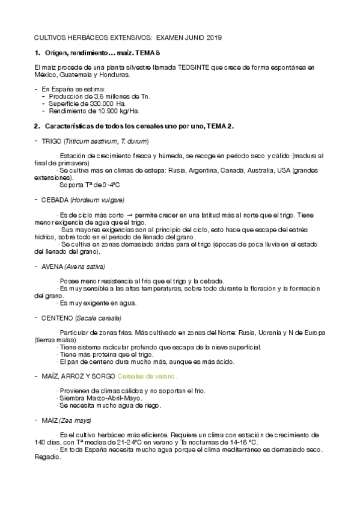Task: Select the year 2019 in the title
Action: click(x=212, y=37)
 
